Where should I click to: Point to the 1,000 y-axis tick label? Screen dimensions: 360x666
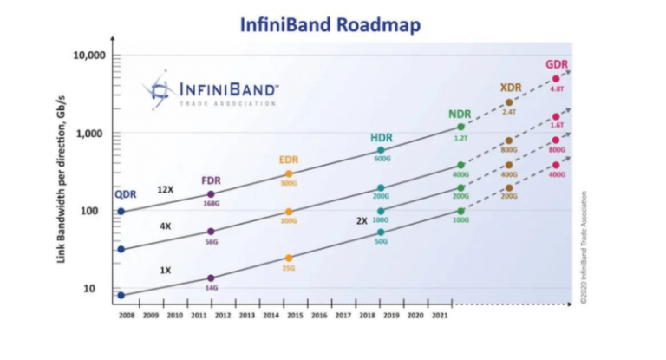click(88, 133)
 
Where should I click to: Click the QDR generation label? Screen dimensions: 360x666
click(125, 196)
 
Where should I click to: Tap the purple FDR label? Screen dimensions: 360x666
click(211, 180)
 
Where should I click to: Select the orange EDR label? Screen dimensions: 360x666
click(289, 160)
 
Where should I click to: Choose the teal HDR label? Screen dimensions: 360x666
click(381, 138)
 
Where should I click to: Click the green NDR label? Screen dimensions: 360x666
click(460, 115)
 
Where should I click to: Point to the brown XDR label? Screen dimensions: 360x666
click(511, 88)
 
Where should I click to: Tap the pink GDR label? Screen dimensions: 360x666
click(557, 65)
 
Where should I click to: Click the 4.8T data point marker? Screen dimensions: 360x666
click(556, 79)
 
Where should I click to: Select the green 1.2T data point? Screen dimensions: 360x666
click(460, 128)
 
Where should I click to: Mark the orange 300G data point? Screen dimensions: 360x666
click(289, 173)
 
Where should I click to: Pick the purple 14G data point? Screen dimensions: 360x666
click(211, 278)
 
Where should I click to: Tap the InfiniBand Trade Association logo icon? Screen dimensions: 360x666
click(159, 89)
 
